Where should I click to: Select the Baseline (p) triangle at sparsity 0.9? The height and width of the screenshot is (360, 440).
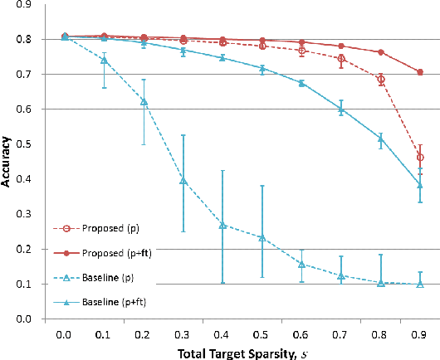pyautogui.click(x=419, y=284)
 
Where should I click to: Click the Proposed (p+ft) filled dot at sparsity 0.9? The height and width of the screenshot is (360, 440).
pyautogui.click(x=420, y=72)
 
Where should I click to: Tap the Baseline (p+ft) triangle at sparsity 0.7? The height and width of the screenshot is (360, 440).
pyautogui.click(x=341, y=109)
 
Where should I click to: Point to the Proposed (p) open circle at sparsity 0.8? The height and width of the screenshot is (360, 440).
pyautogui.click(x=381, y=80)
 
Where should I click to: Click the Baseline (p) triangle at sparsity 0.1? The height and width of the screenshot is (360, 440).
pyautogui.click(x=104, y=60)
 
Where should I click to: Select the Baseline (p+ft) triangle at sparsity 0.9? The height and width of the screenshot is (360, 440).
pyautogui.click(x=419, y=185)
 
